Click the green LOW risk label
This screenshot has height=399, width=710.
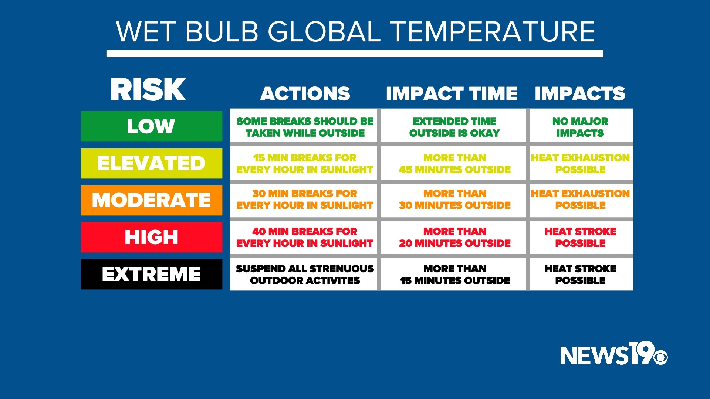click(x=151, y=126)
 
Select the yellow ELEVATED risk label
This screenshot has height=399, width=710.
click(x=151, y=163)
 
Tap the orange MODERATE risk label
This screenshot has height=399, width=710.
click(x=151, y=200)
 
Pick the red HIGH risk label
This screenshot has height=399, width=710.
click(x=151, y=237)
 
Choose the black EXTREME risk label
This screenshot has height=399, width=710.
click(x=151, y=274)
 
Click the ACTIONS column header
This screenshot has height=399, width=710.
click(x=305, y=94)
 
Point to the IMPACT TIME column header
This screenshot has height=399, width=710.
click(x=452, y=94)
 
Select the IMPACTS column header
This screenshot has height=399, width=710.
click(x=580, y=94)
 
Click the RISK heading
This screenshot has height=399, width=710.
click(x=148, y=90)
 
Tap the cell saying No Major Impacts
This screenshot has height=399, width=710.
click(x=580, y=127)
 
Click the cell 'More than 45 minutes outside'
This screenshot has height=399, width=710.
click(x=454, y=164)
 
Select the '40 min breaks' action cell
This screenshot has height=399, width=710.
click(x=304, y=237)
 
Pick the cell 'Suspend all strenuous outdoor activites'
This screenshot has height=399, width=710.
click(x=304, y=274)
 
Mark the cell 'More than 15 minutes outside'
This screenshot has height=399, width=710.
click(x=454, y=274)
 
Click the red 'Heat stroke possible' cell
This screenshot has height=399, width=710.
click(x=580, y=237)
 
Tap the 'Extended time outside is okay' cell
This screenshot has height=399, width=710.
click(x=454, y=127)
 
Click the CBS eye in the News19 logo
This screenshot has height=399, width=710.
click(x=660, y=357)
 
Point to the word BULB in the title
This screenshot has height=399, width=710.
click(x=222, y=32)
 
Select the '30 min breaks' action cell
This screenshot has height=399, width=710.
click(x=304, y=199)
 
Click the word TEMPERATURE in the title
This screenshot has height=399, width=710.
click(x=493, y=32)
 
